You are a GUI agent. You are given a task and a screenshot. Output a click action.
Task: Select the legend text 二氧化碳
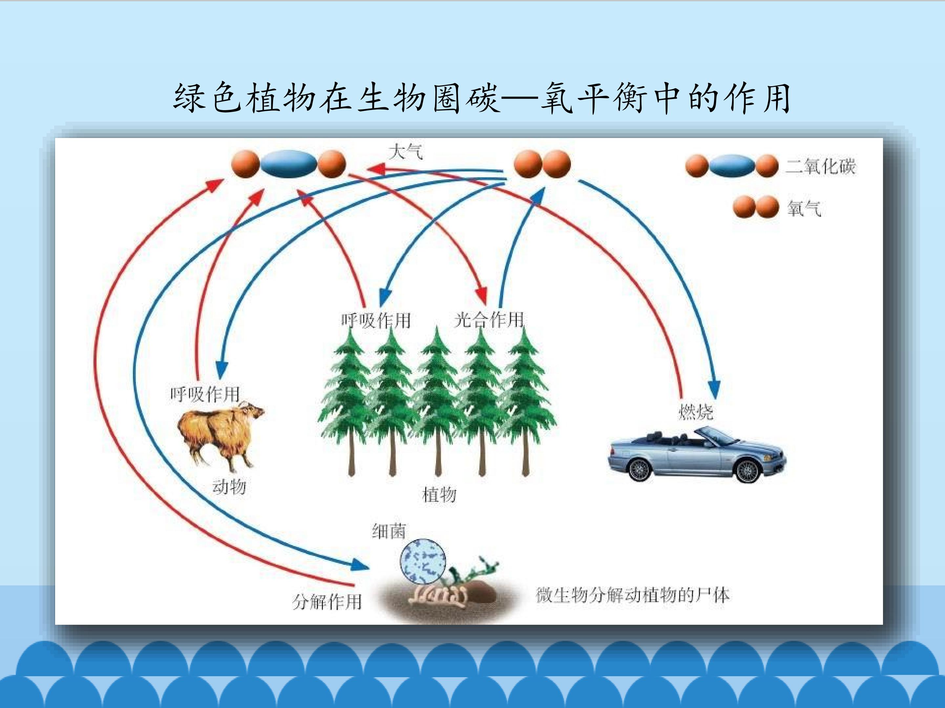(821, 166)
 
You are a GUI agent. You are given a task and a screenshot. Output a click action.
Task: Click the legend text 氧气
(804, 208)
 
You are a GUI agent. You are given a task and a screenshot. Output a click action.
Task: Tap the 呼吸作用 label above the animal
(205, 394)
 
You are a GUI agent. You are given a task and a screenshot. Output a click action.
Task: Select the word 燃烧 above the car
(696, 411)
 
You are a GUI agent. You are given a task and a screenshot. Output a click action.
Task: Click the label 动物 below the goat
(229, 486)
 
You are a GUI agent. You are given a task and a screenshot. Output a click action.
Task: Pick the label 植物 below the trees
(439, 495)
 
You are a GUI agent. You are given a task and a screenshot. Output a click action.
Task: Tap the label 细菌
(388, 531)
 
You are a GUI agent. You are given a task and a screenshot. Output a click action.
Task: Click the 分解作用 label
(327, 602)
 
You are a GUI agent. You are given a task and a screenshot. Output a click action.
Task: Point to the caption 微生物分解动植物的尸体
(633, 595)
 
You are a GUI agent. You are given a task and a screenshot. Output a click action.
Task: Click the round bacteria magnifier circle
(423, 561)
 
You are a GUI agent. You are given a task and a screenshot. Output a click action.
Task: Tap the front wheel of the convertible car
(747, 470)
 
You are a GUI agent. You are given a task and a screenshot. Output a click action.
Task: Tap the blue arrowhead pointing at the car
(714, 389)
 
